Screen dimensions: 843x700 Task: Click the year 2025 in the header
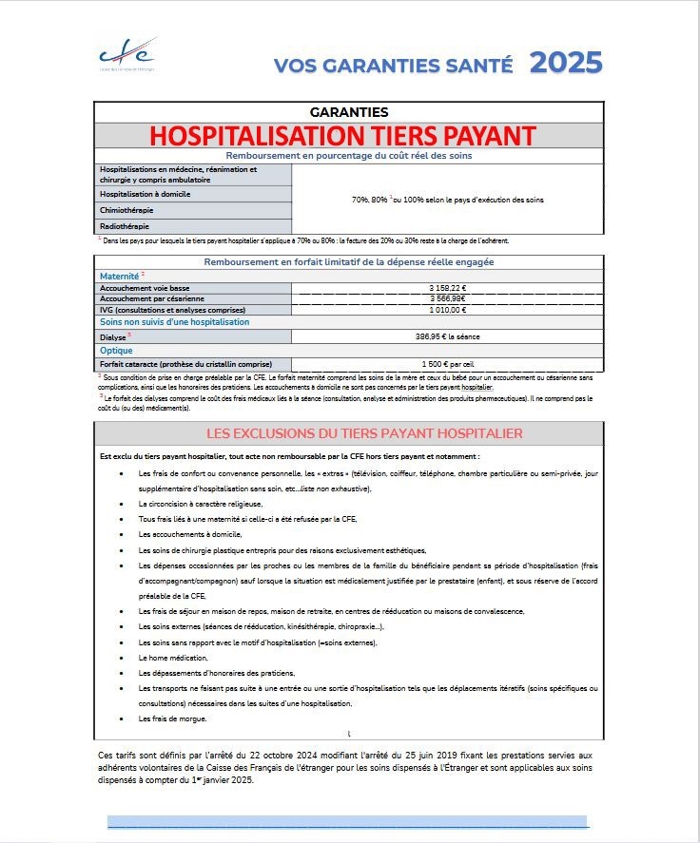pyautogui.click(x=566, y=63)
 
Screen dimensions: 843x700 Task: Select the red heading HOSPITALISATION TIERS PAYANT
pyautogui.click(x=349, y=135)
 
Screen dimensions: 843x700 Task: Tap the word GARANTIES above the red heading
pyautogui.click(x=349, y=112)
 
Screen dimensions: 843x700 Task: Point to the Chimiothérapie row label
pyautogui.click(x=127, y=210)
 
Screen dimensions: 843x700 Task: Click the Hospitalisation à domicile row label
pyautogui.click(x=146, y=194)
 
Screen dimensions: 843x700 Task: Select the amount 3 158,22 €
pyautogui.click(x=447, y=288)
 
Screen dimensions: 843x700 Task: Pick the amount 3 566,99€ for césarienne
pyautogui.click(x=447, y=298)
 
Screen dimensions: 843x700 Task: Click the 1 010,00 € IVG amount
pyautogui.click(x=447, y=310)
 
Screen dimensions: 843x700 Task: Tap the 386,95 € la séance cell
pyautogui.click(x=447, y=335)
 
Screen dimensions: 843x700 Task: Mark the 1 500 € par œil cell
pyautogui.click(x=447, y=364)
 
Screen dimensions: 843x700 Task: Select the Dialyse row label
pyautogui.click(x=114, y=335)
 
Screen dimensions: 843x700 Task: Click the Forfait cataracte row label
pyautogui.click(x=185, y=364)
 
